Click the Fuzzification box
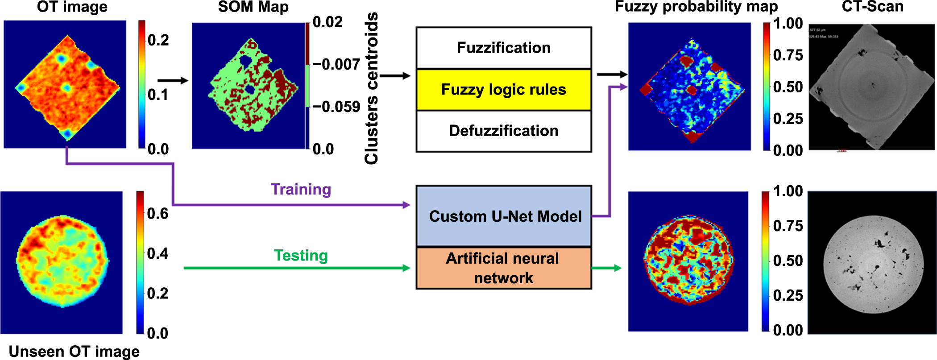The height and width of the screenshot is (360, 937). pos(503,48)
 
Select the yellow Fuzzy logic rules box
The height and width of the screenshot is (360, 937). pos(503,90)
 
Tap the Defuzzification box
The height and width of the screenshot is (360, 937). pos(503,131)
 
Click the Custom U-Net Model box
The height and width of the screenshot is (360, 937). pos(504,216)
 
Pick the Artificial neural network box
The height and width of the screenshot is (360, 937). pos(503,268)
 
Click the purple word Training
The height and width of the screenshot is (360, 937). pos(301,190)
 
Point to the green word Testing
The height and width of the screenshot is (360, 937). pos(301,256)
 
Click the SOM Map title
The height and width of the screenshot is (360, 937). pos(253,7)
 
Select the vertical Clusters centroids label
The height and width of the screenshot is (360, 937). pos(372,88)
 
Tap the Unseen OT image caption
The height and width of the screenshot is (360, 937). pos(74,351)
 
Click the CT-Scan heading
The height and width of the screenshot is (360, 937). pos(872,7)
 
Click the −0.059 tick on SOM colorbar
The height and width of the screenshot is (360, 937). pos(336,107)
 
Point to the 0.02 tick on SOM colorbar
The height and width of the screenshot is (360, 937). pos(327,22)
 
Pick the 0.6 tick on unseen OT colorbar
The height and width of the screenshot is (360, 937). pos(158,213)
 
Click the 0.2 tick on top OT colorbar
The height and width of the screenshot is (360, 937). pos(158,40)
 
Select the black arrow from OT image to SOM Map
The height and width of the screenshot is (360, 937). pos(173,80)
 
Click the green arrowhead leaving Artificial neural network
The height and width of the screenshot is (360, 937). pos(618,268)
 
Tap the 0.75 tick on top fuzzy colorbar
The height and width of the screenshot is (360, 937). pos(788,55)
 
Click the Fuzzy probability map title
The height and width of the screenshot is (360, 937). pos(696,7)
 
